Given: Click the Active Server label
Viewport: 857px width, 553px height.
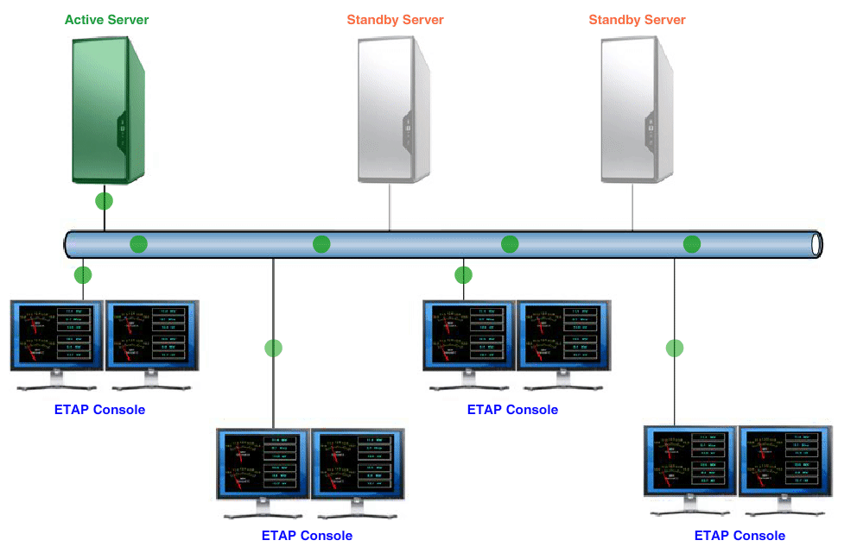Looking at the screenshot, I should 106,19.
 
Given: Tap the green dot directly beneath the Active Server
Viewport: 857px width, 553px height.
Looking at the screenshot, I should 105,202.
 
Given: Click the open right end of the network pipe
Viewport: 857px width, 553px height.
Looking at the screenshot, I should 816,244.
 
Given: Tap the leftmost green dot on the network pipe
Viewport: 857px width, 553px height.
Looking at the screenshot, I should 138,244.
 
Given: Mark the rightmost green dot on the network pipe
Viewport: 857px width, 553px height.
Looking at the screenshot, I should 692,244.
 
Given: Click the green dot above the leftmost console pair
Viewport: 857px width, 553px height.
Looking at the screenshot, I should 83,276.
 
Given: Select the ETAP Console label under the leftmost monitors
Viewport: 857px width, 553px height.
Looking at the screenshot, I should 99,410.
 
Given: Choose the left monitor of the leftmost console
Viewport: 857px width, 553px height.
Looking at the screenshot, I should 56,336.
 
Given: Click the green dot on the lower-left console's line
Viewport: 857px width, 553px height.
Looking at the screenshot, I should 273,349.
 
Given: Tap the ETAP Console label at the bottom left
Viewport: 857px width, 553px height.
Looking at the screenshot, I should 307,536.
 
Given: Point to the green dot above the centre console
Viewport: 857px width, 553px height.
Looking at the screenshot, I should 464,275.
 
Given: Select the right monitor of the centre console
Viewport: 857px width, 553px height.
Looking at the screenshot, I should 563,336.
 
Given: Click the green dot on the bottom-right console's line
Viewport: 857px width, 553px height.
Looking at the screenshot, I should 675,349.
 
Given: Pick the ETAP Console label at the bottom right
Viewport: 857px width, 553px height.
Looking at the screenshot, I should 740,536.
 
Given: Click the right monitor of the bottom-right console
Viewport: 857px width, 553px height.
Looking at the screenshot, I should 785,462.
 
